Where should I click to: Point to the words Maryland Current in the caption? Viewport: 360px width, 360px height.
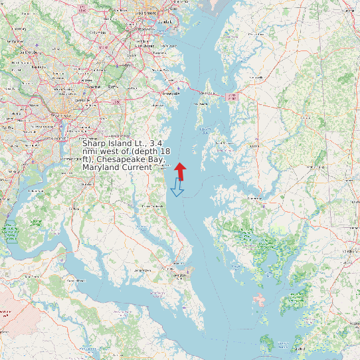tap(114, 167)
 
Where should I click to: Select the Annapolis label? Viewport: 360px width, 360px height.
tap(163, 94)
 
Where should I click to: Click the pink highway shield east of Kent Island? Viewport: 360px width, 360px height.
tap(232, 97)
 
